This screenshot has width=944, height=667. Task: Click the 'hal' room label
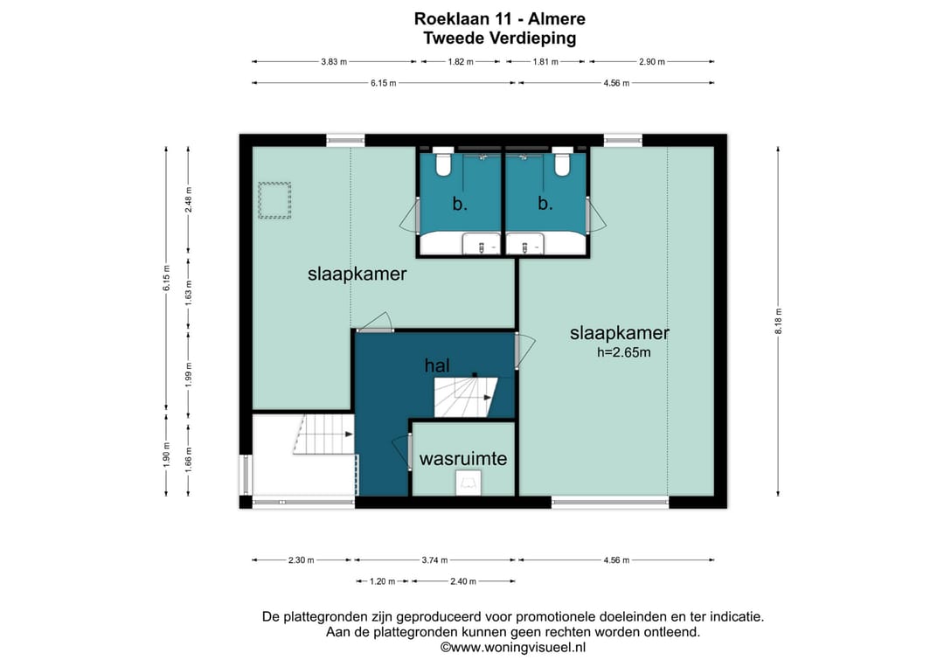click(437, 365)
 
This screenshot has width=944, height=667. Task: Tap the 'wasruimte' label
click(463, 459)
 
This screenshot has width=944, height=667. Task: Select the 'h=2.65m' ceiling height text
click(624, 353)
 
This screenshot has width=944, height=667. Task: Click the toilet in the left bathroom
click(443, 162)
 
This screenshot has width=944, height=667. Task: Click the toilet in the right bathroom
click(562, 162)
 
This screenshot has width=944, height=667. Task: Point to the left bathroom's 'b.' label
click(460, 204)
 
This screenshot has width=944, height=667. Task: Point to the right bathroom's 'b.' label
click(545, 204)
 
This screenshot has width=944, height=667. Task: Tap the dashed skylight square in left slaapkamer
click(274, 200)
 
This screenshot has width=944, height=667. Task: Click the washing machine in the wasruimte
click(469, 483)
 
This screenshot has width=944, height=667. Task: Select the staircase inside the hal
click(465, 397)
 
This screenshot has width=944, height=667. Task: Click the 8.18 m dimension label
click(778, 321)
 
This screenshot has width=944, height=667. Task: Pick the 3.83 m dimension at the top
click(334, 61)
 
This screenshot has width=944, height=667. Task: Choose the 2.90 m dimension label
click(651, 61)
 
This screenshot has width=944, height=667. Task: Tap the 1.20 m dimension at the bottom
click(382, 581)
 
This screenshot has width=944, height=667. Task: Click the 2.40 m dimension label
click(463, 581)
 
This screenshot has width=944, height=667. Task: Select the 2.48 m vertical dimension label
click(189, 200)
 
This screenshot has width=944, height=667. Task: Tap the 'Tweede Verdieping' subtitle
click(500, 38)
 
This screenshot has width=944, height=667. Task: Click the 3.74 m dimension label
click(434, 560)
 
